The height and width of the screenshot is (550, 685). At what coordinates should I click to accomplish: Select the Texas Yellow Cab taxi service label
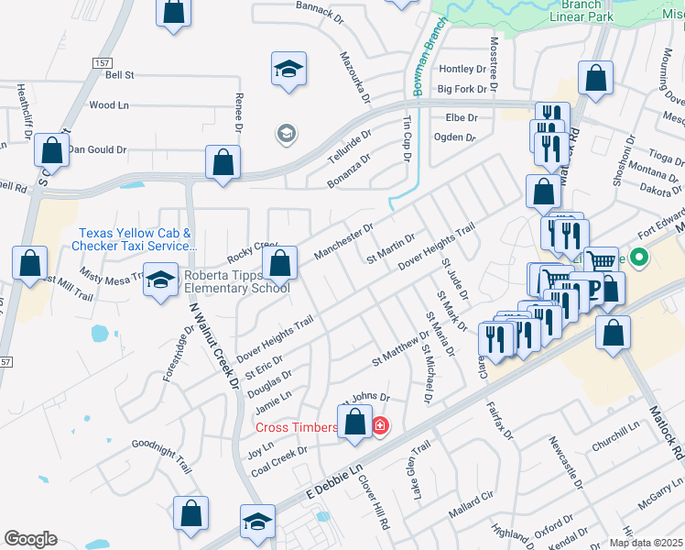point(137,239)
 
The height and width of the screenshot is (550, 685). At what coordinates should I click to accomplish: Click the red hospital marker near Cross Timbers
point(379,426)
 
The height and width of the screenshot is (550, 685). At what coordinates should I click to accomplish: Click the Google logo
point(30,539)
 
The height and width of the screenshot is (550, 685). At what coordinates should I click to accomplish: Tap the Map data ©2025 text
point(646,543)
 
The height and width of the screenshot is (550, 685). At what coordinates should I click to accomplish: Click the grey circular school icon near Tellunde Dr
point(286,135)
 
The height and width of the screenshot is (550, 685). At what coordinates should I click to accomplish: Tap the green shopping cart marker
point(600,261)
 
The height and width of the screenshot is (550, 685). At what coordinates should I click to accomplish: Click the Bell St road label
point(119,74)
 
